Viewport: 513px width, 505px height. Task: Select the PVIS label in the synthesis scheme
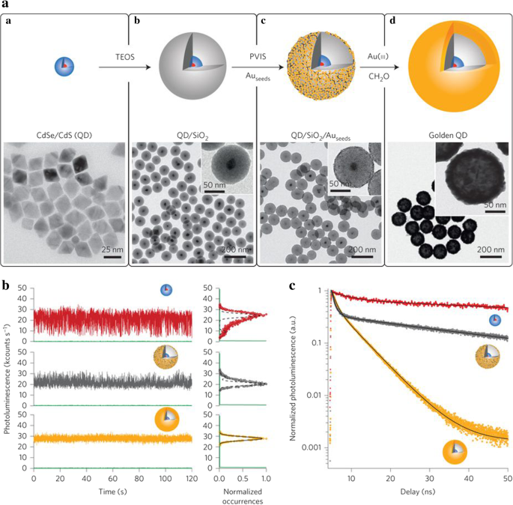click(x=258, y=55)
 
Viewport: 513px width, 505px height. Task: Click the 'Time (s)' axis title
click(x=112, y=490)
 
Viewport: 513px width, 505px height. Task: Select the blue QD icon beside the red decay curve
click(x=495, y=321)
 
